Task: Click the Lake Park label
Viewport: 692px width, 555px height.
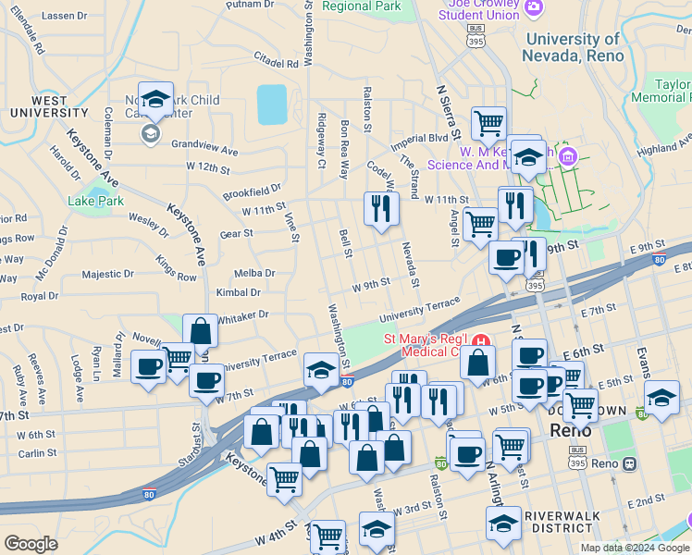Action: (x=89, y=200)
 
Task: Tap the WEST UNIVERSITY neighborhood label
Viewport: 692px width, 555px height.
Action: (x=49, y=106)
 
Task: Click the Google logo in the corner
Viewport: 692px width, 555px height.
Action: (x=31, y=544)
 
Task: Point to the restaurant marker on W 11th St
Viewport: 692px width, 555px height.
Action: (x=380, y=208)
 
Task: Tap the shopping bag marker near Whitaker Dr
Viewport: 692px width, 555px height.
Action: (x=200, y=331)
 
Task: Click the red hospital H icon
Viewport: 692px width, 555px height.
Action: (x=480, y=341)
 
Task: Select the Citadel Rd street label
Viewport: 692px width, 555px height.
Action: (x=279, y=64)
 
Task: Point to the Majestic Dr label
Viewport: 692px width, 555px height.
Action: (x=107, y=275)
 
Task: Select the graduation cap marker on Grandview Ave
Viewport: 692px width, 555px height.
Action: (x=155, y=99)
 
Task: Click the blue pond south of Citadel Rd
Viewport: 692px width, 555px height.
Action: (x=272, y=105)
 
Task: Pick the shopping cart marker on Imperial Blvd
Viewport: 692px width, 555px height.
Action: (x=488, y=122)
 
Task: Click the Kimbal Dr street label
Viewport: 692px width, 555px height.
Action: (x=239, y=292)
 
